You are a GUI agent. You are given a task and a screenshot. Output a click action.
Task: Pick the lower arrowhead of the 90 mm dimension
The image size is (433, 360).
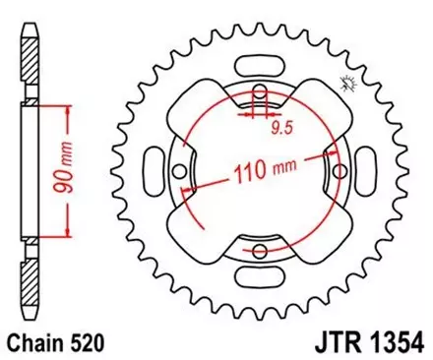(68, 236)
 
